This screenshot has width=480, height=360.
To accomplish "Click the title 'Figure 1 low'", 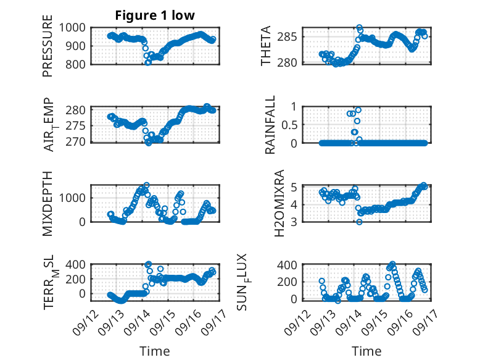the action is tap(155, 15).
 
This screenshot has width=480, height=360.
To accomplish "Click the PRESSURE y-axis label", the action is tap(48, 46).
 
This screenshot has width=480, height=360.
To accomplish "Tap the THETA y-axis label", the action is tap(266, 46).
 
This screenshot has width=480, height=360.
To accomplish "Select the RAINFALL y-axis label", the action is tap(270, 125).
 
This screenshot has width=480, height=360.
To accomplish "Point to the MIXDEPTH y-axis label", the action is tap(48, 204).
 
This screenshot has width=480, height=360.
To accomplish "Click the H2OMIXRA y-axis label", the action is tap(279, 203).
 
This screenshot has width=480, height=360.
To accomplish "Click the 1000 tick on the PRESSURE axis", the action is tap(72, 28).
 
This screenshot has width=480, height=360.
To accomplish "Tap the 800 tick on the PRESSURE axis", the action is tap(76, 64).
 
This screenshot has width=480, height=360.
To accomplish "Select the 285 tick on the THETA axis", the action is tap(287, 37).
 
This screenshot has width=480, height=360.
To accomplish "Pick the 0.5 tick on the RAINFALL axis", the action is tap(289, 125).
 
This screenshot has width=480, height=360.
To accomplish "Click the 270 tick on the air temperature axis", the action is tap(76, 142).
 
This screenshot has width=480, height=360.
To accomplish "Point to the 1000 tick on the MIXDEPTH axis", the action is tap(72, 198).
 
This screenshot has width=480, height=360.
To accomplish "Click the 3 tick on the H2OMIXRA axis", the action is tap(294, 222).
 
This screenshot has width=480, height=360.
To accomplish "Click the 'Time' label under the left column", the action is tap(155, 351).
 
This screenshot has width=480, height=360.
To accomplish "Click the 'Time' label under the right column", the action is tap(366, 351).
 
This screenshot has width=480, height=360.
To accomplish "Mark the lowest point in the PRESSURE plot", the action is tap(148, 62).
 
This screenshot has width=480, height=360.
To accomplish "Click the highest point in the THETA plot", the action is tap(360, 28).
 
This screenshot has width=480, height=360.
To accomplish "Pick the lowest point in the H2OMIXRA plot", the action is tap(360, 222).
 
